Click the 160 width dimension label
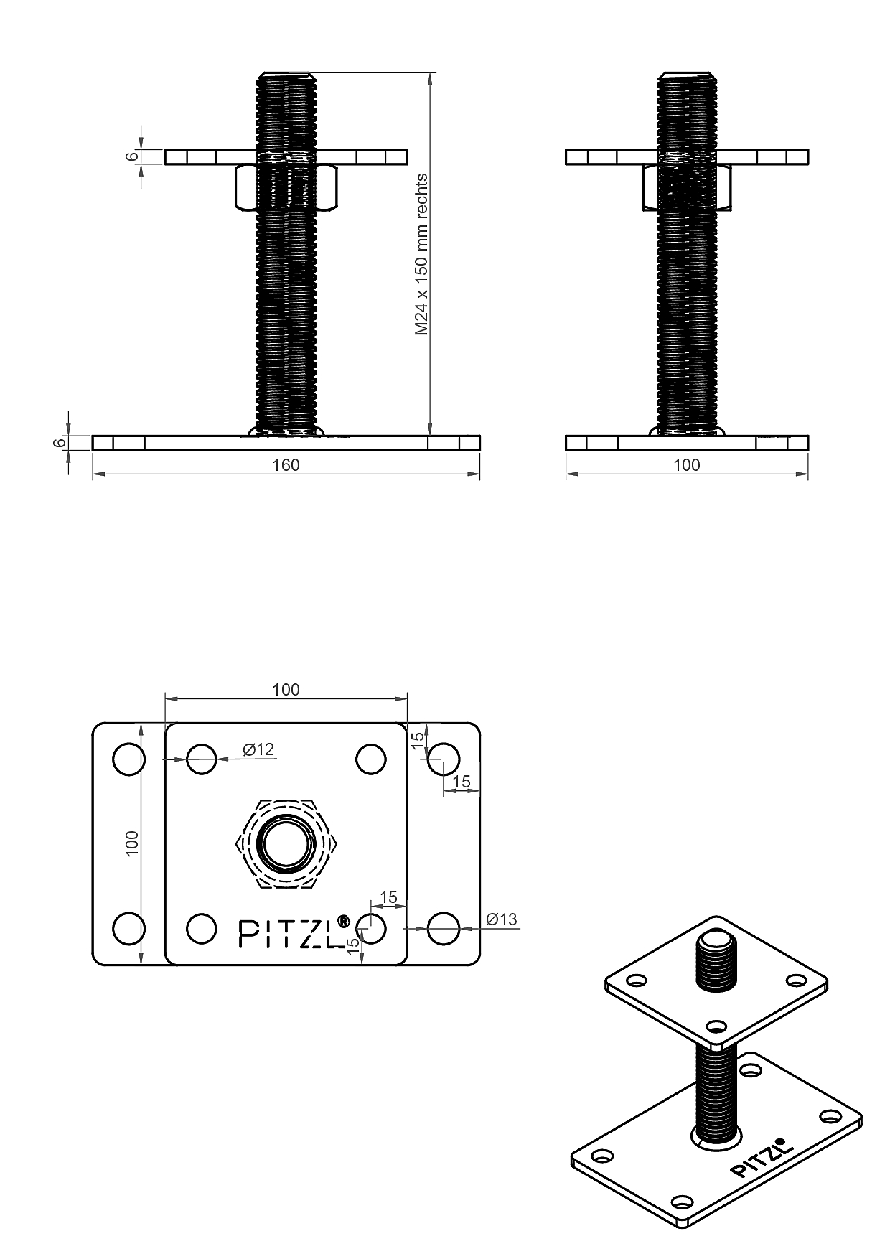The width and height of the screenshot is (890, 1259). click(x=286, y=465)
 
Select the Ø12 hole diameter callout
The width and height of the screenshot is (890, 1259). click(x=258, y=749)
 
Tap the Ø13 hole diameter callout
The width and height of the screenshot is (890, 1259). click(x=501, y=919)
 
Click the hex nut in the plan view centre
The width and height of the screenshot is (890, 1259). click(x=286, y=843)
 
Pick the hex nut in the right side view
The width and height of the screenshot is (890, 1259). click(x=687, y=187)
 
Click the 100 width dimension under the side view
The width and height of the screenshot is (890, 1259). click(x=686, y=465)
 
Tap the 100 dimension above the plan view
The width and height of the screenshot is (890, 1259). click(x=286, y=690)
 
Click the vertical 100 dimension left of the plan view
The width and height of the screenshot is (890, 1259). click(x=131, y=843)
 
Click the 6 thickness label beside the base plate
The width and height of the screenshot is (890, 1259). click(x=59, y=443)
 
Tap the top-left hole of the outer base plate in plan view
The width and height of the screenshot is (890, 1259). click(x=129, y=759)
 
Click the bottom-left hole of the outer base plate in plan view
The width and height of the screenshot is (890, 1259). click(x=129, y=928)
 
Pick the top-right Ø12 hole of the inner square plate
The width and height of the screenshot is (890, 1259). click(x=371, y=759)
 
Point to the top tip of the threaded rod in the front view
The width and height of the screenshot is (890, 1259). click(x=286, y=74)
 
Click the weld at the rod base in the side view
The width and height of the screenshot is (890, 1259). click(x=687, y=431)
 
